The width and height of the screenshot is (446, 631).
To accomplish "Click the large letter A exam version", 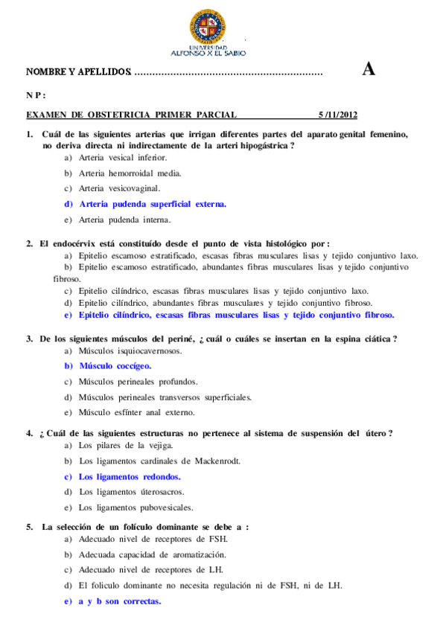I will pyautogui.click(x=368, y=71).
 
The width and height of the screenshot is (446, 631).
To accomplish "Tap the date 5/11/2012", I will pyautogui.click(x=338, y=115).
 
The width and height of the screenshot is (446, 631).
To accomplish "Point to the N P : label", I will pyautogui.click(x=36, y=95).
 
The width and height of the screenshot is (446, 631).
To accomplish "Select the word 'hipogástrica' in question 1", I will pyautogui.click(x=260, y=146).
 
